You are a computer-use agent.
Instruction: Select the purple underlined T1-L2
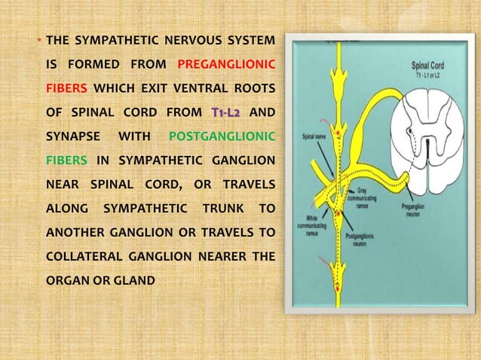225,113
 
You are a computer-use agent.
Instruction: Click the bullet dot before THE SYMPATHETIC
40,39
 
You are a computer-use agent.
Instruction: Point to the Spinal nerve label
313,137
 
